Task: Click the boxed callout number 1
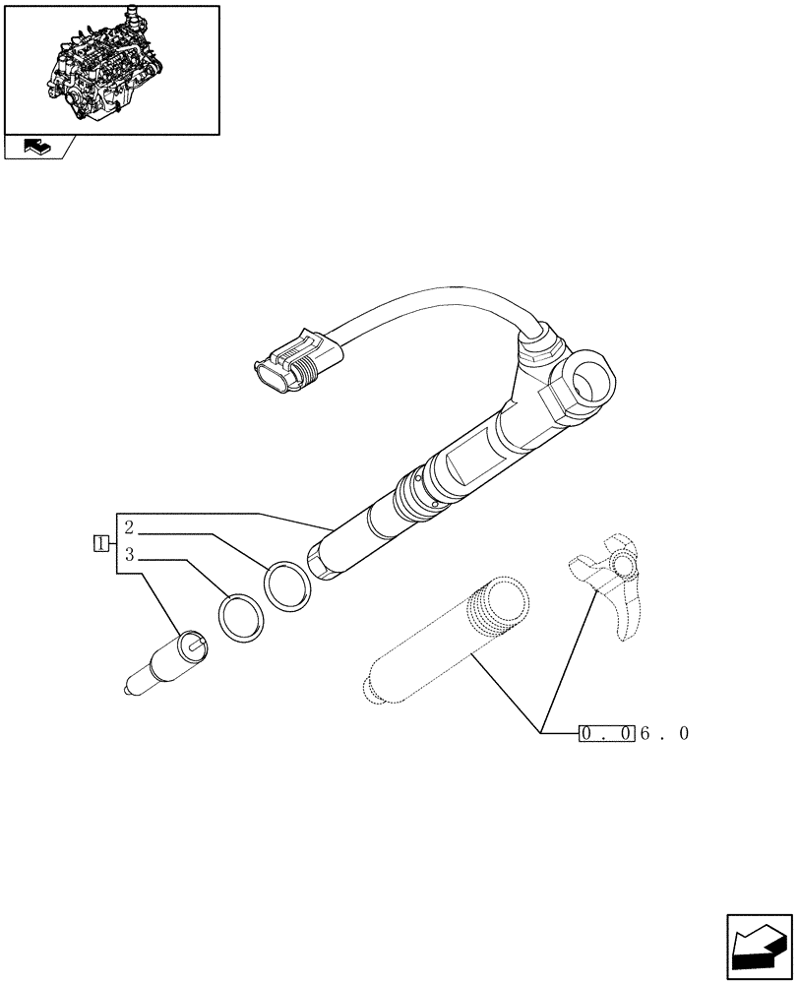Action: [99, 542]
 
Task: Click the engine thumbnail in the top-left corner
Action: [111, 67]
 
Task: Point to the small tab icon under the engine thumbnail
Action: [36, 148]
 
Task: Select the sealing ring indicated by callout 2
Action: [288, 588]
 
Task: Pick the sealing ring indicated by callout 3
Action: [240, 618]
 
